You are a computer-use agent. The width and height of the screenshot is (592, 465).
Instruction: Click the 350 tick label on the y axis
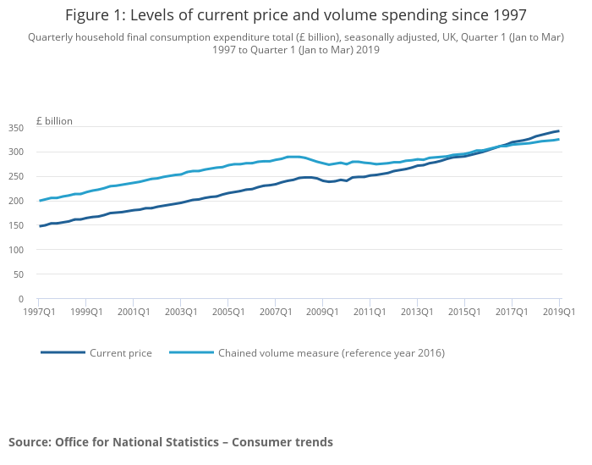[17, 128]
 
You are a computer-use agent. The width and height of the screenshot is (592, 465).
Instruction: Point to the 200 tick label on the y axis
[17, 202]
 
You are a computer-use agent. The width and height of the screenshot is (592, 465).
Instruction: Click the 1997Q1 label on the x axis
[39, 312]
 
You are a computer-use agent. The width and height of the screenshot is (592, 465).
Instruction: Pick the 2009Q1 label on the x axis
[322, 312]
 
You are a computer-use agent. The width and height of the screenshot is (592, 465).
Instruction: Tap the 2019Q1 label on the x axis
[558, 312]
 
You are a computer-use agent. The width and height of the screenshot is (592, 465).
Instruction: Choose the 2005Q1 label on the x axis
[227, 312]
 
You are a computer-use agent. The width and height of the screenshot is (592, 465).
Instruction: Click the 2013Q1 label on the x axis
[417, 312]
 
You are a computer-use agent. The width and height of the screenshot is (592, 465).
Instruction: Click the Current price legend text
[121, 353]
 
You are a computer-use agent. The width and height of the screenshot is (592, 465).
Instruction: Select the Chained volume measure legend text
[332, 353]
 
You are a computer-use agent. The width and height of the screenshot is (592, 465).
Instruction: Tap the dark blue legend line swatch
[63, 352]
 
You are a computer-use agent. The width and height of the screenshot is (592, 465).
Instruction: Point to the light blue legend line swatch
[191, 352]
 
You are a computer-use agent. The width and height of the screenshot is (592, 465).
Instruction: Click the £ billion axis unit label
[54, 121]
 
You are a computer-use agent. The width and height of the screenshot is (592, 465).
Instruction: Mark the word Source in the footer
[29, 442]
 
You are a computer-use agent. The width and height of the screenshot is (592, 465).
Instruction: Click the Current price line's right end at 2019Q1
[558, 130]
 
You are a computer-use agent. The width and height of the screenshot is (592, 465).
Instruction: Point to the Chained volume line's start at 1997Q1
[40, 201]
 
